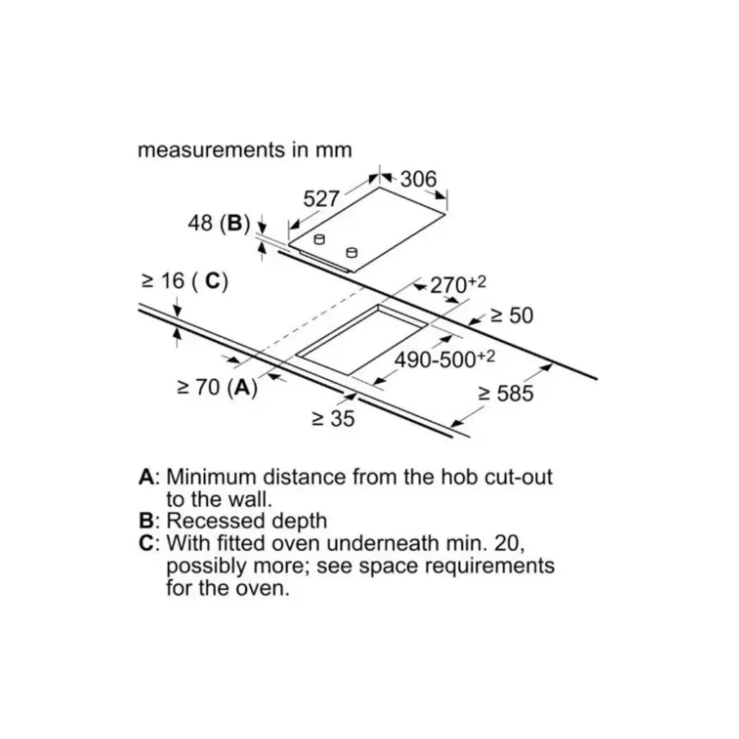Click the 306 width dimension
pos(418,179)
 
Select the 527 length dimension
pos(321,199)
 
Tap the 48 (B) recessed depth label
pos(218,224)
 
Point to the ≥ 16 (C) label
pos(184,281)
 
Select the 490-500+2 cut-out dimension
pos(444,359)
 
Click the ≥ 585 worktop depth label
pos(506,393)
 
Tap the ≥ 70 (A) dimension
pos(217,388)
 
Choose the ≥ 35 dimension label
pos(333,418)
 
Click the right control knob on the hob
pos(351,251)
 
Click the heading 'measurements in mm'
pos(245,150)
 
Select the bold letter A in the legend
pos(147,477)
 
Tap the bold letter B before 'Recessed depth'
pos(146,521)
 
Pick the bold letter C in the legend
pos(147,543)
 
